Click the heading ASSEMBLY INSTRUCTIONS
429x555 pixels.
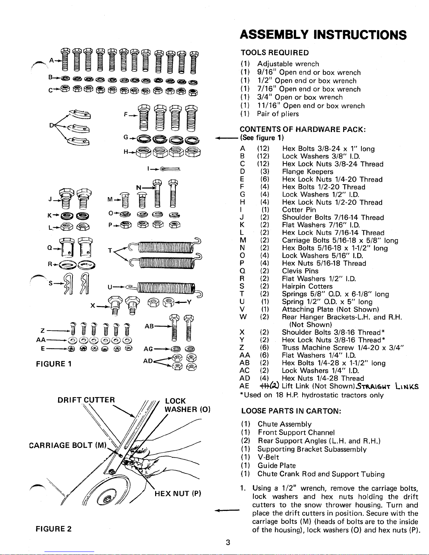point(323,35)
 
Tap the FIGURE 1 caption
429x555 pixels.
point(54,364)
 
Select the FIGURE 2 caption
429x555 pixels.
point(54,529)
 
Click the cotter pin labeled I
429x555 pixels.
point(170,169)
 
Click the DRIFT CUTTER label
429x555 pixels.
point(86,400)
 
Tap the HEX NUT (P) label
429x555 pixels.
point(178,493)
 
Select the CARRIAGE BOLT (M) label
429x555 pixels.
point(68,445)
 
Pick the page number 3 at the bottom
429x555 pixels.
point(228,542)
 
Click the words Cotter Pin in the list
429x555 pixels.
point(299,210)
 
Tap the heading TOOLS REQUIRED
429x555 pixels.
point(275,53)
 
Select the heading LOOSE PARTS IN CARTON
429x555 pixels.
point(291,411)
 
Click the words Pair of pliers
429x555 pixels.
point(278,114)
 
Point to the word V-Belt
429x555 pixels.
point(268,457)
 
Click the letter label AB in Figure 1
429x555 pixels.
point(149,326)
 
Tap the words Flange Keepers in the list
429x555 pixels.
point(307,172)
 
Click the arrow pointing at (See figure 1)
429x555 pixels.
point(227,138)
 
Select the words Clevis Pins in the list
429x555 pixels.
point(300,271)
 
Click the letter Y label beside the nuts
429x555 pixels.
point(189,302)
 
